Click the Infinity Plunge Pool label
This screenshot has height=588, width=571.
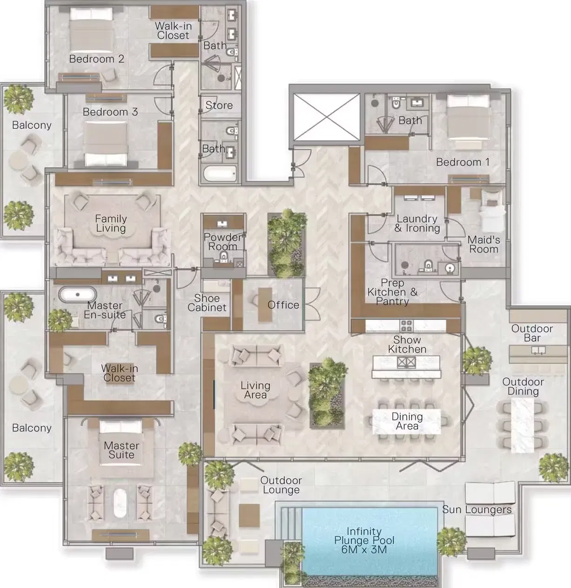coord(364,540)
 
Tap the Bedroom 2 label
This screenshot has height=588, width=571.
coord(97,59)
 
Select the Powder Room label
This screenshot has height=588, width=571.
coord(223,242)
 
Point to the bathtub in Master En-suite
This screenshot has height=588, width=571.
coord(78,294)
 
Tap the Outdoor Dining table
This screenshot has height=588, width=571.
coord(523,426)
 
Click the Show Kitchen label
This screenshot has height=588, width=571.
coord(407,345)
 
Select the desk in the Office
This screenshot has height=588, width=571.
coord(265,304)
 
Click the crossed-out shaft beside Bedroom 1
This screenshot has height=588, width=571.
coord(327,117)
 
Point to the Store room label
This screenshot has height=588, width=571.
coord(219,105)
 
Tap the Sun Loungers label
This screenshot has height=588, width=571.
coord(477,509)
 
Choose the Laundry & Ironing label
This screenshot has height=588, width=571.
coord(417,223)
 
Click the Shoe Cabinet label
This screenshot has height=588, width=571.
coord(207,303)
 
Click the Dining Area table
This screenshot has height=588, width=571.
coord(406,421)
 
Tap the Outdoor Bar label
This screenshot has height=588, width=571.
coord(532,333)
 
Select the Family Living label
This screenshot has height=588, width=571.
coord(111,223)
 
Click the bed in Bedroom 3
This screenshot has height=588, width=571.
coord(105,144)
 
